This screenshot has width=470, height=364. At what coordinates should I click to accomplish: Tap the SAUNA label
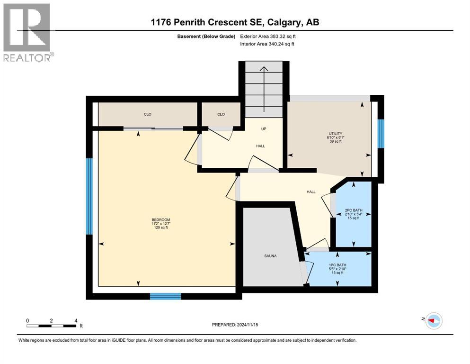pyautogui.click(x=270, y=256)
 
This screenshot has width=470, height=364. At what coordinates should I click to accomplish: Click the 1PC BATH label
pyautogui.click(x=338, y=265)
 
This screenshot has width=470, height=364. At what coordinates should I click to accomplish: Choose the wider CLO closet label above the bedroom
pyautogui.click(x=147, y=114)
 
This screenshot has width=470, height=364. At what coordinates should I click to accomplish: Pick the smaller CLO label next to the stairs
pyautogui.click(x=221, y=114)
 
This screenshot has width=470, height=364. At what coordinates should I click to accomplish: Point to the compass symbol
pyautogui.click(x=433, y=321)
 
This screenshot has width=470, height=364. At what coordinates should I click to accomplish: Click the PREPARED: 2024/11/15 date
pyautogui.click(x=235, y=325)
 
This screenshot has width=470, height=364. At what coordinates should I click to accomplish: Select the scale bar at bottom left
pyautogui.click(x=52, y=325)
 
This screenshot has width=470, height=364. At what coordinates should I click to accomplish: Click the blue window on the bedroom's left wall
pyautogui.click(x=89, y=196)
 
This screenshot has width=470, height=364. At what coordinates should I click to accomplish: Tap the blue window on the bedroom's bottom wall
pyautogui.click(x=165, y=296)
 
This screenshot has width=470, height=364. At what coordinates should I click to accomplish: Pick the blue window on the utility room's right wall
pyautogui.click(x=381, y=134)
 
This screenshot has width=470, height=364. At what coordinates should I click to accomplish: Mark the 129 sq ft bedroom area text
pyautogui.click(x=160, y=227)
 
